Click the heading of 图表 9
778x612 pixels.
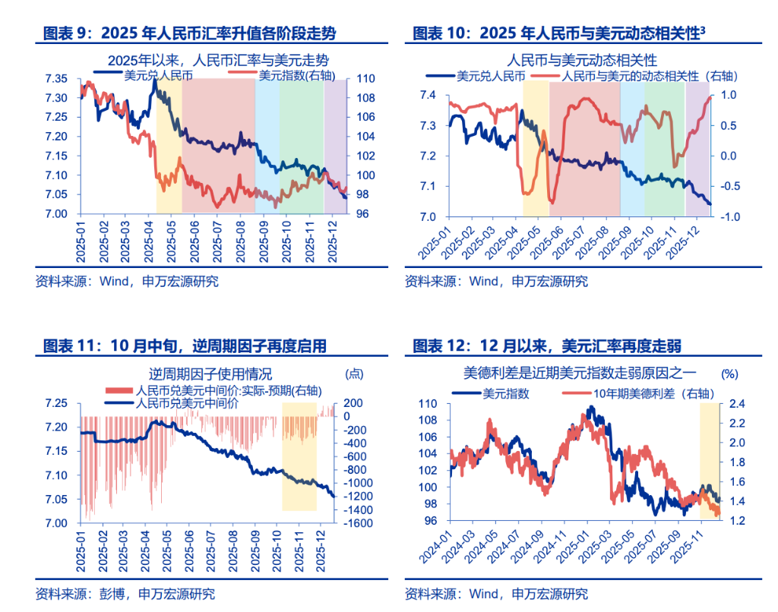pyautogui.click(x=189, y=33)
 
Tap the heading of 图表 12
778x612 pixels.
pyautogui.click(x=547, y=346)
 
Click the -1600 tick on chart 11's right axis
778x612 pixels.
pyautogui.click(x=356, y=524)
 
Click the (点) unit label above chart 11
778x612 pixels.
pyautogui.click(x=355, y=374)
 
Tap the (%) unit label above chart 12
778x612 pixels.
pyautogui.click(x=729, y=374)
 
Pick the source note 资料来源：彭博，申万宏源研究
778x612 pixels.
pyautogui.click(x=125, y=593)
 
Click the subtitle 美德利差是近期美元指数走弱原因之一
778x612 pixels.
pyautogui.click(x=583, y=374)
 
